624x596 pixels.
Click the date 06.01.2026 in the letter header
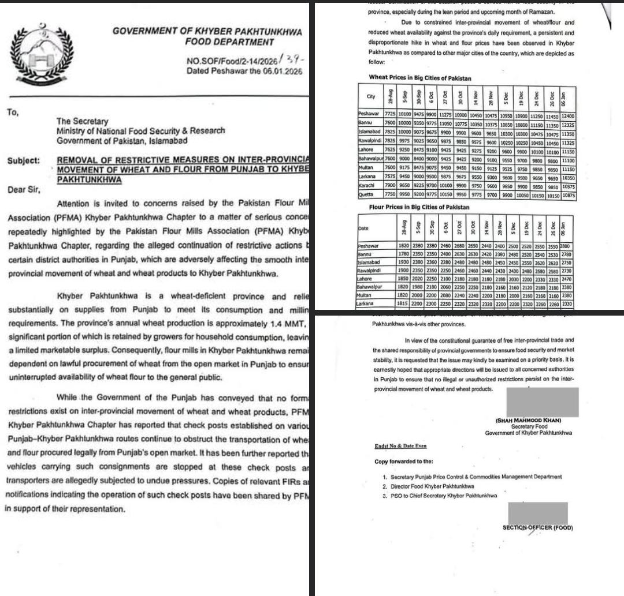point(283,72)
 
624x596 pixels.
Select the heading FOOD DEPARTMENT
point(229,42)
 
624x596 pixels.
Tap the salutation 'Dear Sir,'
point(24,189)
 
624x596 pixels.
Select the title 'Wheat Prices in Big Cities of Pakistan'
point(420,77)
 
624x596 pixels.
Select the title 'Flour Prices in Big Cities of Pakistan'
point(419,207)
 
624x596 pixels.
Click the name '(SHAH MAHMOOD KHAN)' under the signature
point(528,421)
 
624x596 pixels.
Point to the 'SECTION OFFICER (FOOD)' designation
point(537,527)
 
